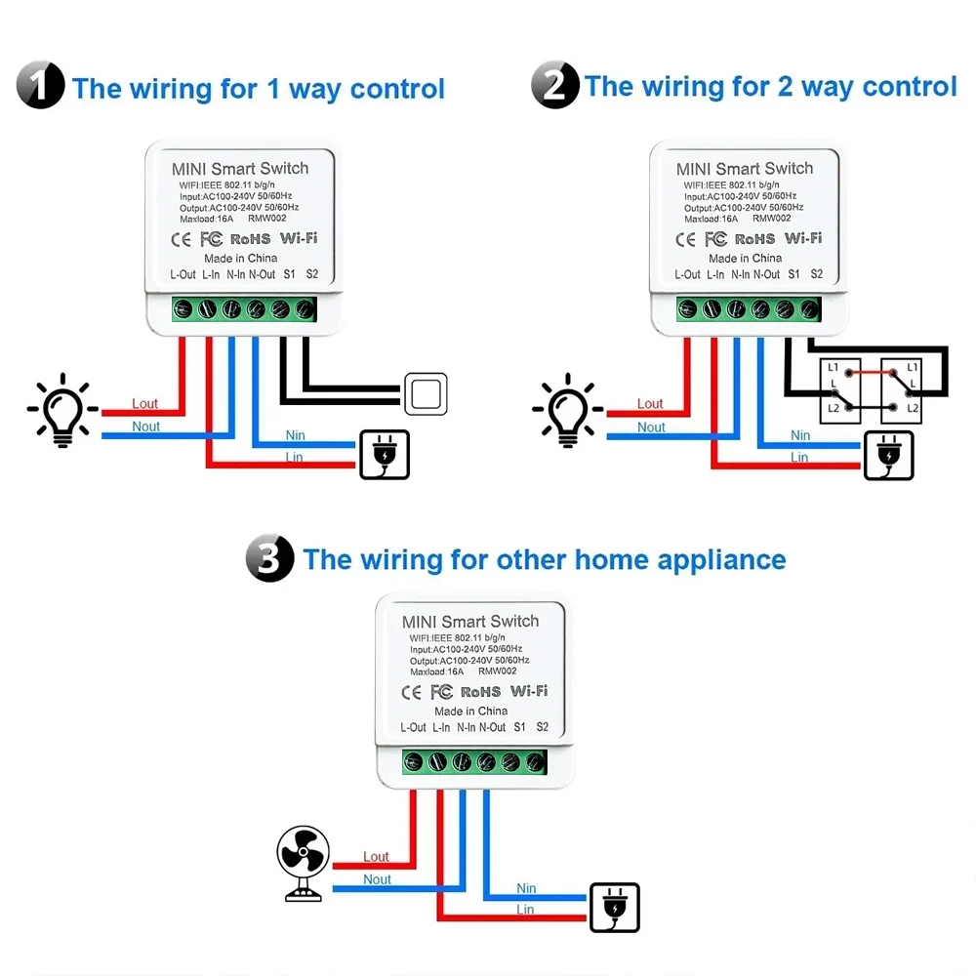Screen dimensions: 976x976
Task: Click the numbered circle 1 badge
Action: pyautogui.click(x=41, y=85)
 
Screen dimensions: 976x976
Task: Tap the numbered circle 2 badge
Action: pyautogui.click(x=555, y=85)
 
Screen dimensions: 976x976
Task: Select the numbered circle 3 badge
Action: pyautogui.click(x=270, y=559)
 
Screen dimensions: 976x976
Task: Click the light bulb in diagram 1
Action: pyautogui.click(x=62, y=410)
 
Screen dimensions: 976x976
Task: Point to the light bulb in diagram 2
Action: pyautogui.click(x=568, y=410)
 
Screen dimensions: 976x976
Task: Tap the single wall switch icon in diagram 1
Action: pyautogui.click(x=426, y=394)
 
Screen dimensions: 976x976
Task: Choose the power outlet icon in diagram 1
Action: pyautogui.click(x=385, y=455)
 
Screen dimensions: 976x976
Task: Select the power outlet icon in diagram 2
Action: pyautogui.click(x=889, y=455)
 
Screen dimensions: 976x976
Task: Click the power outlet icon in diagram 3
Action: pyautogui.click(x=615, y=908)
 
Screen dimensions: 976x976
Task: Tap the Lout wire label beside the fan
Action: pyautogui.click(x=377, y=857)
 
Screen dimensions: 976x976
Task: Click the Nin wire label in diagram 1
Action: pyautogui.click(x=295, y=435)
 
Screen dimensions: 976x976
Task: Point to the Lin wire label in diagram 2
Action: pyautogui.click(x=799, y=457)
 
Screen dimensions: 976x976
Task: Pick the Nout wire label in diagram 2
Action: pyautogui.click(x=651, y=427)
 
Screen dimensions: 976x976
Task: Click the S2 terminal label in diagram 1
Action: pyautogui.click(x=312, y=274)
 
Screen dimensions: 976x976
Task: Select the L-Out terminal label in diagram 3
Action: pyautogui.click(x=414, y=727)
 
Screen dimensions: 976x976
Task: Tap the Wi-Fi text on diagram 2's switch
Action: pyautogui.click(x=803, y=238)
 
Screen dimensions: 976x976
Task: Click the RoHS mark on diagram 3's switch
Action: pyautogui.click(x=480, y=692)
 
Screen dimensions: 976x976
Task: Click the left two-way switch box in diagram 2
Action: pyautogui.click(x=841, y=390)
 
